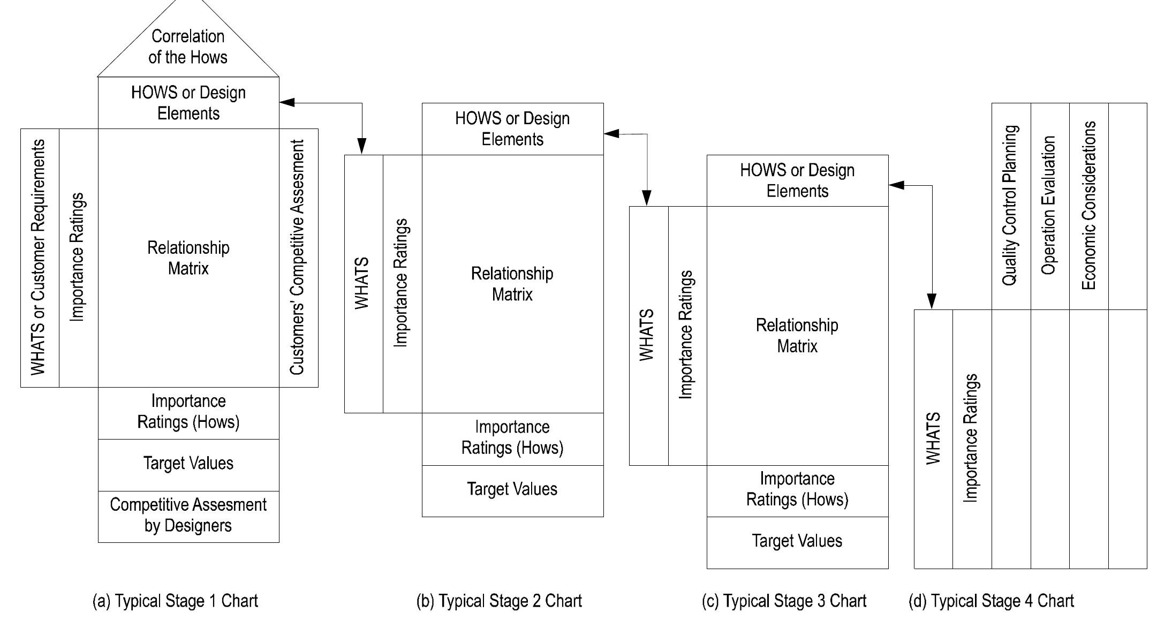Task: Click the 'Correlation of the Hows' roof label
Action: (188, 47)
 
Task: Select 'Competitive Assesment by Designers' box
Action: (188, 515)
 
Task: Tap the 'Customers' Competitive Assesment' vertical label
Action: (298, 258)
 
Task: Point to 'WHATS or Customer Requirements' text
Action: (39, 258)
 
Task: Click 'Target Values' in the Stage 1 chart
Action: (188, 464)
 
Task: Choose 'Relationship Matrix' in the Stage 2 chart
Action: (512, 284)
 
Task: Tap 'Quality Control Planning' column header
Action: (1010, 206)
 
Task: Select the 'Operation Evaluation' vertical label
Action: (1049, 206)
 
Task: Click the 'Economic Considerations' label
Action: (1088, 206)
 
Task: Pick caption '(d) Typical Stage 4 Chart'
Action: (991, 601)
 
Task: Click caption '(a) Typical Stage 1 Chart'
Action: (176, 601)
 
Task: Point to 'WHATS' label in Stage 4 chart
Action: (933, 438)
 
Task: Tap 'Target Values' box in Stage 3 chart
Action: (797, 541)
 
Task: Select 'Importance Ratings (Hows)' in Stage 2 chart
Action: (512, 438)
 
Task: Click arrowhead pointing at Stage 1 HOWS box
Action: (286, 102)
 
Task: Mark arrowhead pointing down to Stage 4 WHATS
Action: (932, 302)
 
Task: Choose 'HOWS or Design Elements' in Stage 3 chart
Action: (797, 180)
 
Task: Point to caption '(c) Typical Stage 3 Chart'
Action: (784, 601)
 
